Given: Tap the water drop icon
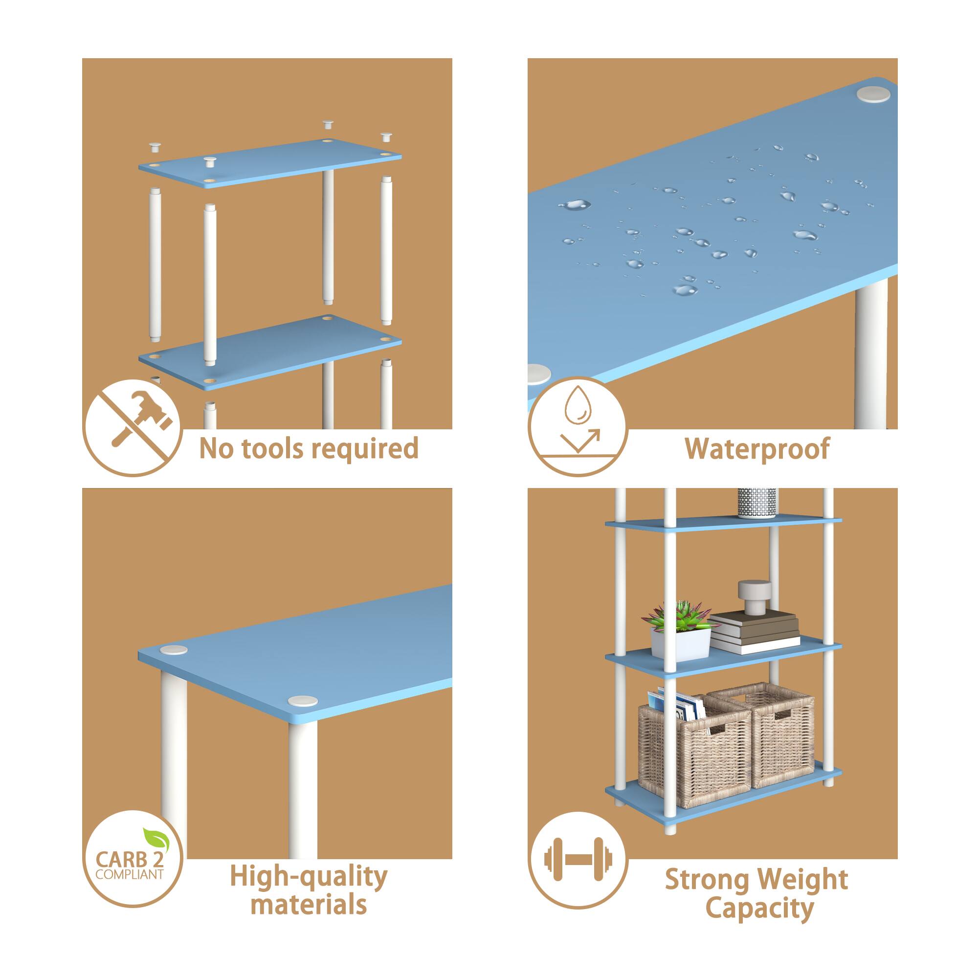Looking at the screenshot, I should click(x=578, y=405).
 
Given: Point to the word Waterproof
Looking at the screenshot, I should click(x=757, y=448).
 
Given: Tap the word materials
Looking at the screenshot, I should click(x=308, y=904).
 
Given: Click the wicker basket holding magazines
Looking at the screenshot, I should click(x=692, y=750).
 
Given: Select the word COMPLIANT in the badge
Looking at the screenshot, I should click(x=130, y=874).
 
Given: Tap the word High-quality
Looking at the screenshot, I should click(x=308, y=877).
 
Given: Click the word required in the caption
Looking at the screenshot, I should click(x=366, y=448).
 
